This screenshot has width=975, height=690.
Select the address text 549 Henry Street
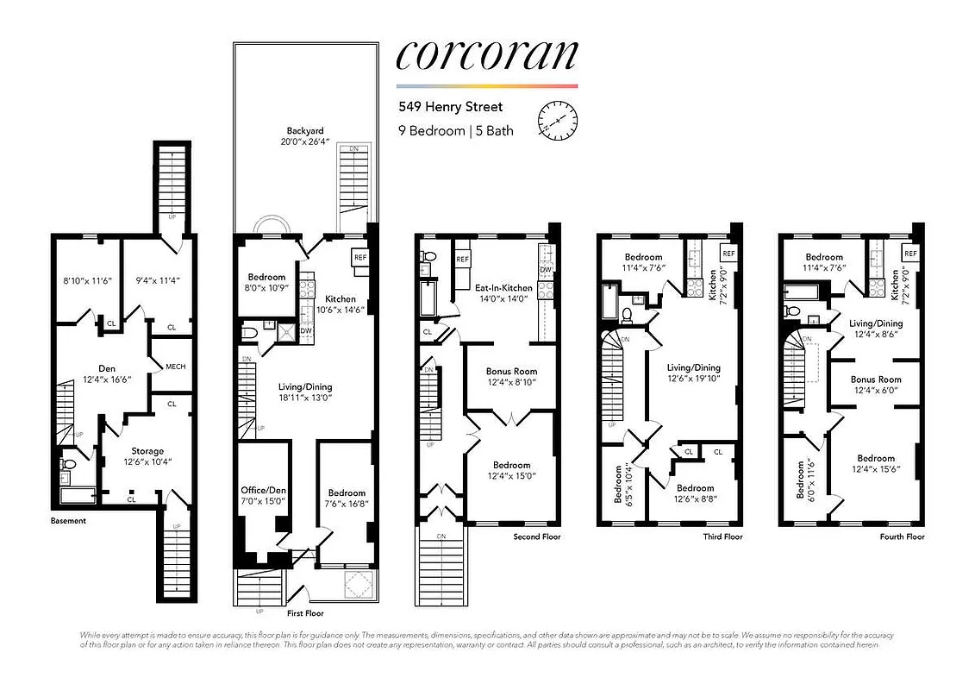[449, 108]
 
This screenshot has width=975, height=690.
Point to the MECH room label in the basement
[175, 367]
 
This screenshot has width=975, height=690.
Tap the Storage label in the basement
[147, 451]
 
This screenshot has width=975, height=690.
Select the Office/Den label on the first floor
[263, 491]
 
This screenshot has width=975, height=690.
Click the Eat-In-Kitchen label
[504, 287]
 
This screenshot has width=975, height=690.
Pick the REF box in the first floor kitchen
[359, 257]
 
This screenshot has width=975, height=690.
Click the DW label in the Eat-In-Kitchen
[545, 270]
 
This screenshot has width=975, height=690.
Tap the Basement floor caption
[68, 521]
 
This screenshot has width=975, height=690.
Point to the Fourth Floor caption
[902, 536]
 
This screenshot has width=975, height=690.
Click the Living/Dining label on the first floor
[304, 387]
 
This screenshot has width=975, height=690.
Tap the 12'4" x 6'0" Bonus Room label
[876, 379]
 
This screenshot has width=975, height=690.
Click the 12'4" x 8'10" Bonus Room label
[511, 371]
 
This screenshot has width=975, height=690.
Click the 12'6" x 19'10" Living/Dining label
[694, 367]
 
